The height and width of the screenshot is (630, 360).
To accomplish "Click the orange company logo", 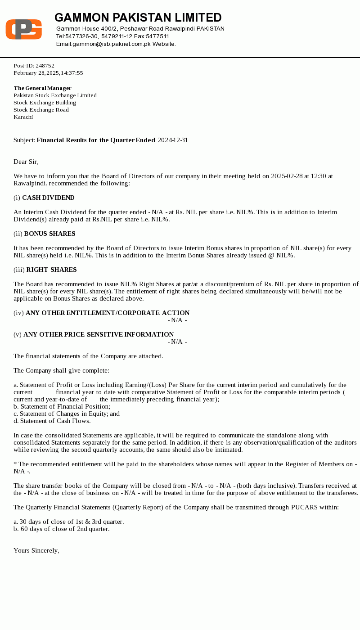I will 23,29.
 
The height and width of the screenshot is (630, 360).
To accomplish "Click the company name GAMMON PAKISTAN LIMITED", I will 138,18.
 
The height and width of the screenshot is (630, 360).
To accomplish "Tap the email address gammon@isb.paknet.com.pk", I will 103,44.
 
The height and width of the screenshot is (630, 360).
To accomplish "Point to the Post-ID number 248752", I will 45,66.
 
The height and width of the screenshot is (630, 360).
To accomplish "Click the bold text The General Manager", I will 42,88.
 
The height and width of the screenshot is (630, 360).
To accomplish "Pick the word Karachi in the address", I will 23,117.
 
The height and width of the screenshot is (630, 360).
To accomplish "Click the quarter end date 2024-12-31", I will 173,140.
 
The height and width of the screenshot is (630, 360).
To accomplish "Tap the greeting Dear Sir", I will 26,162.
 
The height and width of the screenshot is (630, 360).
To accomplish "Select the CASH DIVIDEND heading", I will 48,198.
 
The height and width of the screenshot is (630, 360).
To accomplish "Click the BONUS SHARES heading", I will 49,234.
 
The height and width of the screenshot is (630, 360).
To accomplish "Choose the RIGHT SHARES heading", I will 51,270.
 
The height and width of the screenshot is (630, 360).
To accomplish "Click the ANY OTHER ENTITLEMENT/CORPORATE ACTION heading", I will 108,313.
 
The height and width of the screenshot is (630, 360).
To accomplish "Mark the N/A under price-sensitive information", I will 177,342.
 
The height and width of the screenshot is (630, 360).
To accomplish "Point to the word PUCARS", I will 305,508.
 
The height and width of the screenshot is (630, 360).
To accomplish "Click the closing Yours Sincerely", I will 36,551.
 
